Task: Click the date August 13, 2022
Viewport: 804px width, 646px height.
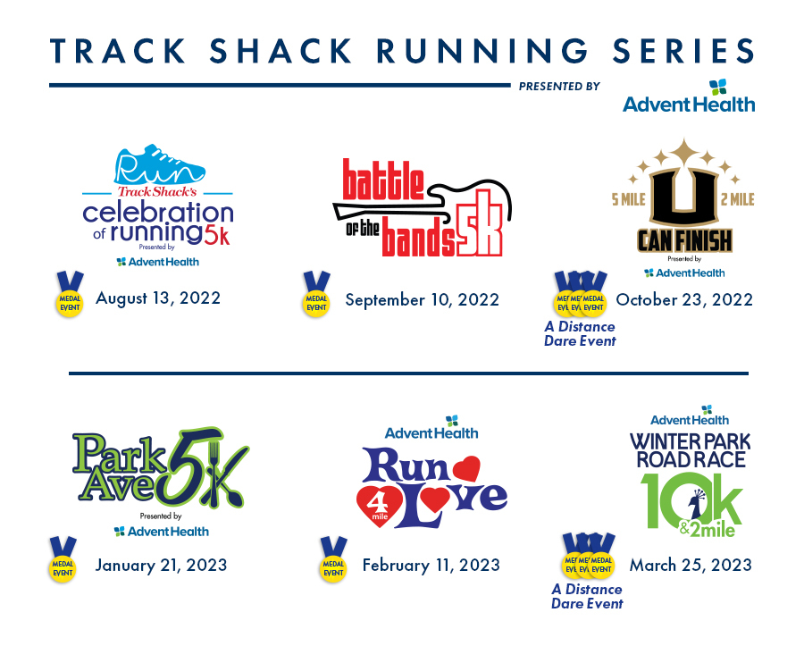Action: [x=158, y=298]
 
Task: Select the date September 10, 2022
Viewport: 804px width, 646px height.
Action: [x=422, y=299]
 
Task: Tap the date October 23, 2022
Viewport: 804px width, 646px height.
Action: [x=684, y=299]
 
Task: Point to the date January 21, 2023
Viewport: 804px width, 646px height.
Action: [x=161, y=565]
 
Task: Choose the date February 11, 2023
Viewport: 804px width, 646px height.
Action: [x=431, y=565]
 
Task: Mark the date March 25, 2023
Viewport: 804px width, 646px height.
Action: [x=691, y=565]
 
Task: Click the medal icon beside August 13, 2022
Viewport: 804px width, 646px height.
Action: [x=70, y=297]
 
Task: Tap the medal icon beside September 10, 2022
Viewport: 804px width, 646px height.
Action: [x=316, y=298]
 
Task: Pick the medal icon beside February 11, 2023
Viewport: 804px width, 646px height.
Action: [x=332, y=563]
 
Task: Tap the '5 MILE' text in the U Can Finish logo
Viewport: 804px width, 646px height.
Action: [x=629, y=199]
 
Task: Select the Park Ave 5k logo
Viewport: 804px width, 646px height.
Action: [x=160, y=469]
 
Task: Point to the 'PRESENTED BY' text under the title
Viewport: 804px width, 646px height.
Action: [x=558, y=87]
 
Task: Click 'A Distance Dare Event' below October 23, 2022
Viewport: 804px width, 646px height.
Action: [x=580, y=333]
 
